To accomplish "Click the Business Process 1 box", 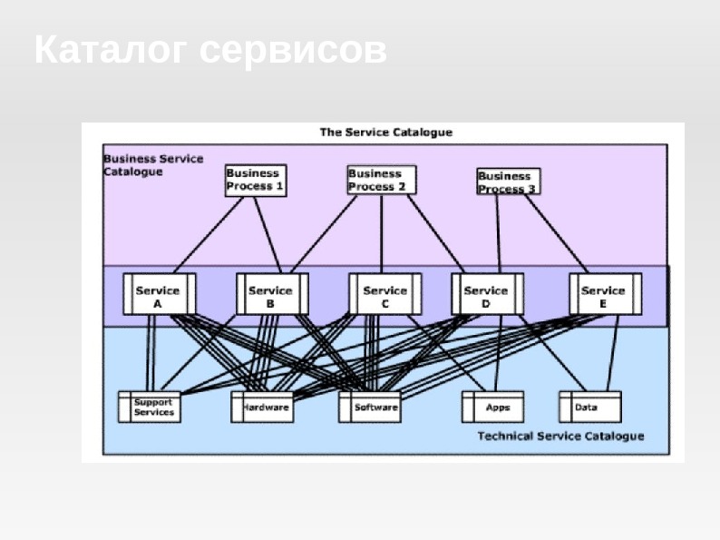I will tap(255, 180).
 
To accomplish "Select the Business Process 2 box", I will tap(381, 179).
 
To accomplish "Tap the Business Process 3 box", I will tap(508, 182).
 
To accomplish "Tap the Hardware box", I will tap(264, 407).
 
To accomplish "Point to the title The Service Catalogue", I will tap(385, 133).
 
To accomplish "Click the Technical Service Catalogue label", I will tap(560, 437).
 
